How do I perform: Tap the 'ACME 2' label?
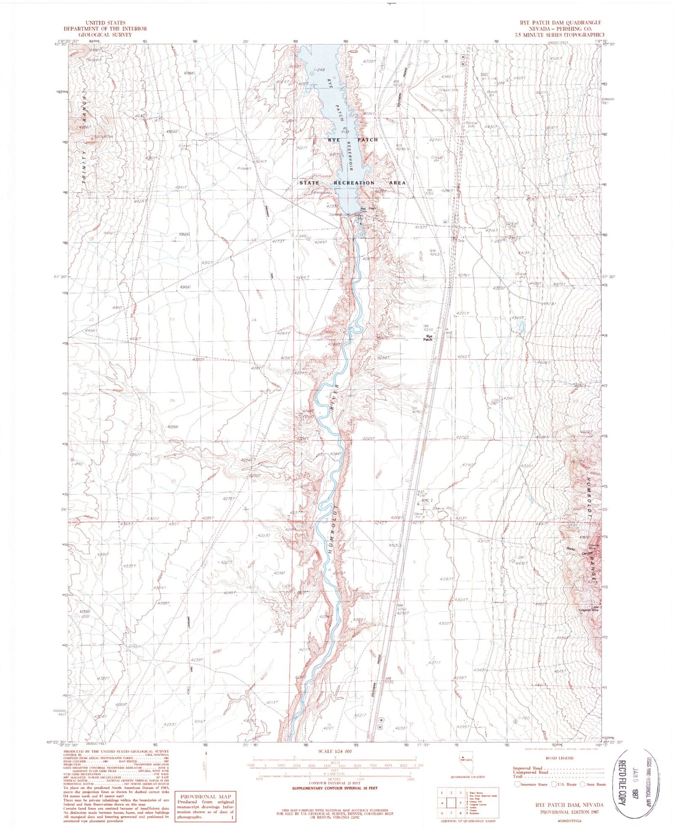(x=427, y=500)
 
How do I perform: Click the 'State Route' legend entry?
(x=594, y=784)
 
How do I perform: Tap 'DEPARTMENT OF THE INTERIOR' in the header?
(x=105, y=28)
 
